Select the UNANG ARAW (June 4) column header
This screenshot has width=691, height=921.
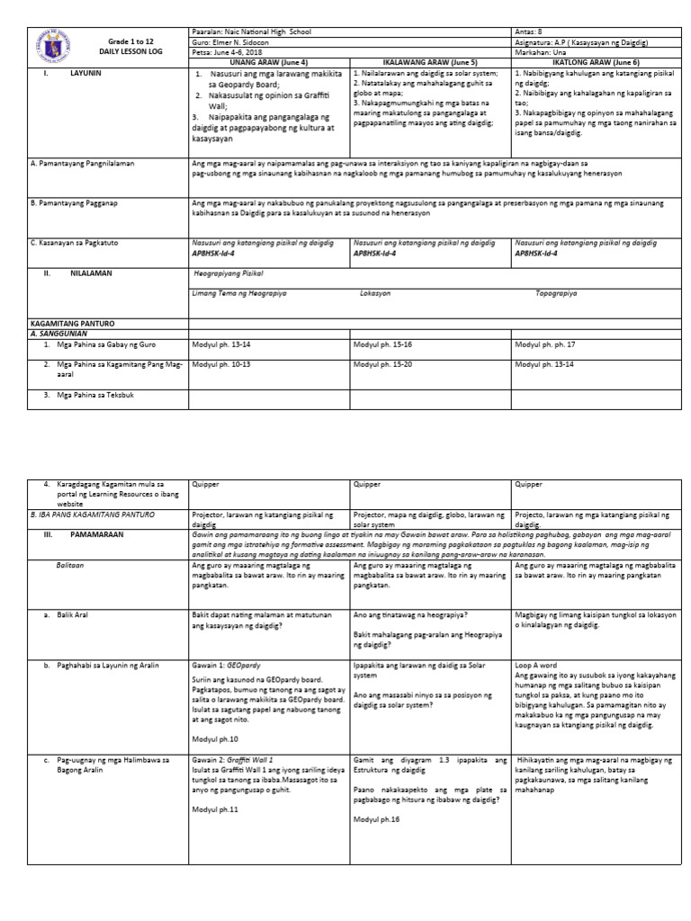269,61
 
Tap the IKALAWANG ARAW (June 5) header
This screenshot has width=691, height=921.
430,61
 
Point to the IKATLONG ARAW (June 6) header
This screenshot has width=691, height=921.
588,61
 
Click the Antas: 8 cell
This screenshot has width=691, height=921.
530,31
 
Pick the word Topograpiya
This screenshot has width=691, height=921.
556,293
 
